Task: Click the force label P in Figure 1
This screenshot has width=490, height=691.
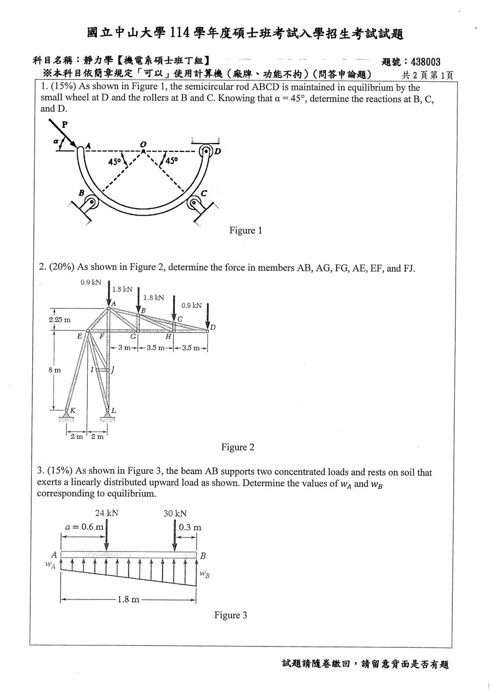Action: (x=65, y=124)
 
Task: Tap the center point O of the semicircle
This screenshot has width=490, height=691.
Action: (x=143, y=151)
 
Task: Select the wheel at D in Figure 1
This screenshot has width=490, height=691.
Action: (x=205, y=151)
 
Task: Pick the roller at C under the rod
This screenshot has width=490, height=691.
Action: (x=194, y=203)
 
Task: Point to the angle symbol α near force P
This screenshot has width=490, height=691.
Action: (x=55, y=142)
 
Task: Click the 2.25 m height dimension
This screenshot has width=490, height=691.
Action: (x=60, y=320)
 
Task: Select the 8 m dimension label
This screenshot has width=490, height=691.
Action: (x=54, y=370)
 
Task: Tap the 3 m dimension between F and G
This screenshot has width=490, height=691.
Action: (x=124, y=348)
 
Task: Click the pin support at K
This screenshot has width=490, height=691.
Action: (x=66, y=415)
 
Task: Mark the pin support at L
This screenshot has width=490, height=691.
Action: (x=108, y=415)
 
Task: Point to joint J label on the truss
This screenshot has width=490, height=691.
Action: (x=113, y=369)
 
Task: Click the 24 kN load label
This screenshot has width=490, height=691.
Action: (x=106, y=513)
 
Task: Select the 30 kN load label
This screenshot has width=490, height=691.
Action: (x=175, y=513)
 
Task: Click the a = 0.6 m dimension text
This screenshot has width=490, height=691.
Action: (x=84, y=526)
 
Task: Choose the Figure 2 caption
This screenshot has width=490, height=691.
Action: (x=238, y=447)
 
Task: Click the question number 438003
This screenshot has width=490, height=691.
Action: (x=425, y=62)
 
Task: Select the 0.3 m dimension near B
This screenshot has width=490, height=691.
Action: (x=190, y=527)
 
